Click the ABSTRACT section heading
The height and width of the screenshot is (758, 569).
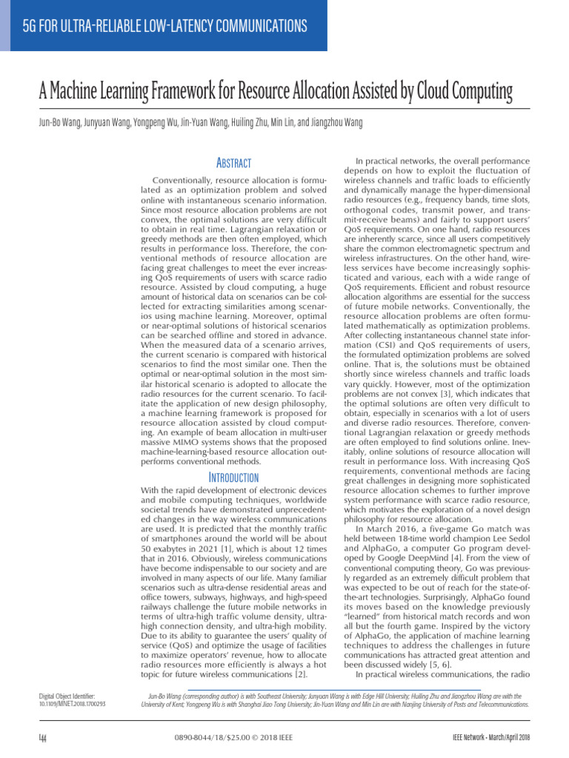point(232,163)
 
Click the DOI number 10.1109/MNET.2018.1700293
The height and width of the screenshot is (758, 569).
point(72,704)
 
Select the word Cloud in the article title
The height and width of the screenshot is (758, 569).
point(437,93)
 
